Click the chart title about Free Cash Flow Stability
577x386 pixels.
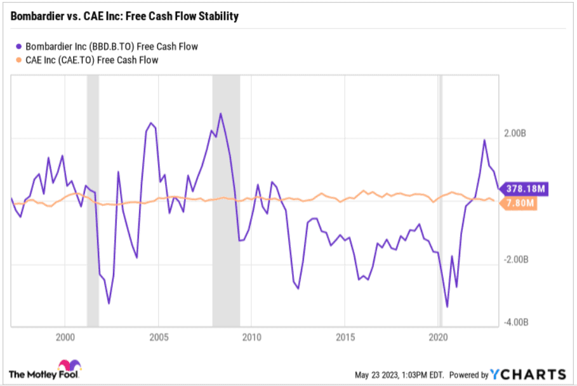124,17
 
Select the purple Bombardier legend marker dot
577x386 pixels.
18,46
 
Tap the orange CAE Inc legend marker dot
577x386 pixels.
18,60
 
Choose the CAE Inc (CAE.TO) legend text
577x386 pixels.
91,60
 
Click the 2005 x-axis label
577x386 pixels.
158,336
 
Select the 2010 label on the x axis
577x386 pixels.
251,336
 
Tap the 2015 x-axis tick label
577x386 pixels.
345,336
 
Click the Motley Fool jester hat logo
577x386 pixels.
69,368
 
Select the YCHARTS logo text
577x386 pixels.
527,374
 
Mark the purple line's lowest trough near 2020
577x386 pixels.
447,307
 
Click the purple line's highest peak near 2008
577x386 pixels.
220,114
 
